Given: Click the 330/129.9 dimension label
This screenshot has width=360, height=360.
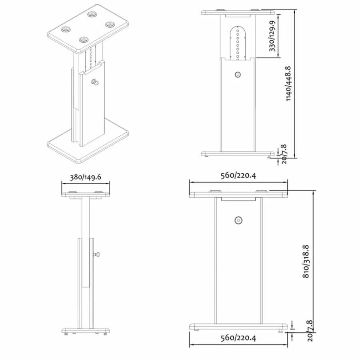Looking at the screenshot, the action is [x=272, y=36].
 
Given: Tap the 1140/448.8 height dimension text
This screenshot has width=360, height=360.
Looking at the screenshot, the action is [x=288, y=84].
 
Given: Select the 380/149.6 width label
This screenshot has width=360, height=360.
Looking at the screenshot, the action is [x=86, y=177].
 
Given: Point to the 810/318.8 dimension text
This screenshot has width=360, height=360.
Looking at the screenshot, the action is [x=306, y=262].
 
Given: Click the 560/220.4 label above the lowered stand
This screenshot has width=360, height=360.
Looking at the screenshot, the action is [x=238, y=176].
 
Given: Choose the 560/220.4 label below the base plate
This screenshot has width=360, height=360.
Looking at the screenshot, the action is [x=238, y=338].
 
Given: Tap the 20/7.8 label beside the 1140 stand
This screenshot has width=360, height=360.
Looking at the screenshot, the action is [x=284, y=154].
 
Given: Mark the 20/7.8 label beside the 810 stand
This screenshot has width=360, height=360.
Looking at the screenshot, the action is [x=310, y=331].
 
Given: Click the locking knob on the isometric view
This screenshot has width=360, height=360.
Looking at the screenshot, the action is [x=95, y=82].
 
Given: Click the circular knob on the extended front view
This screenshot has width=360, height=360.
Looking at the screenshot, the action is [x=238, y=75].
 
